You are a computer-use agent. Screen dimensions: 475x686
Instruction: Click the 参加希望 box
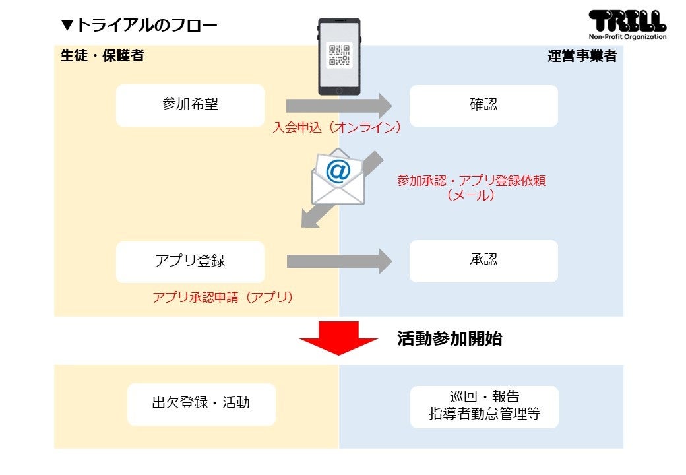coord(190,105)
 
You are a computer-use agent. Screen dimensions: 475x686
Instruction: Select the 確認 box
coord(483,105)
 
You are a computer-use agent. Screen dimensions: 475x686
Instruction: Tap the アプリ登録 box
coord(190,261)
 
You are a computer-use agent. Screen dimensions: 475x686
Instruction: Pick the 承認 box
coord(483,261)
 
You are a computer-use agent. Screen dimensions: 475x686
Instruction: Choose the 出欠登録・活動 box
coord(201,404)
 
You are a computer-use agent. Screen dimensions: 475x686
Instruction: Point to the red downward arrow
coord(338,338)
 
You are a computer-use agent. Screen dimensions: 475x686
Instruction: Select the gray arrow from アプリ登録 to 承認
coord(338,261)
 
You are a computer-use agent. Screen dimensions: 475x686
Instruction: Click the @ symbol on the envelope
coord(338,172)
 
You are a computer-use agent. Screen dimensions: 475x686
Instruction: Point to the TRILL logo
coord(627,21)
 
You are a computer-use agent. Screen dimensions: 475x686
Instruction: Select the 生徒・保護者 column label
coord(102,56)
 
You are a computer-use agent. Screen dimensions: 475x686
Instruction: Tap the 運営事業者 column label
coord(582,56)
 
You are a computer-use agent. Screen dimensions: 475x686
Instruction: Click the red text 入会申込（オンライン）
coord(337,127)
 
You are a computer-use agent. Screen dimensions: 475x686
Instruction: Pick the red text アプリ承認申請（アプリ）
coord(222,298)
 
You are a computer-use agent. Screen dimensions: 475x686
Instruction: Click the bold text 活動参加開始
coord(449,339)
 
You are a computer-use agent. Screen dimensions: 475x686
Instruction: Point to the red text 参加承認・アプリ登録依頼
coord(471,181)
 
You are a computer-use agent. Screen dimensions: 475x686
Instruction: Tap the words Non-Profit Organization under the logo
coord(627,37)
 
